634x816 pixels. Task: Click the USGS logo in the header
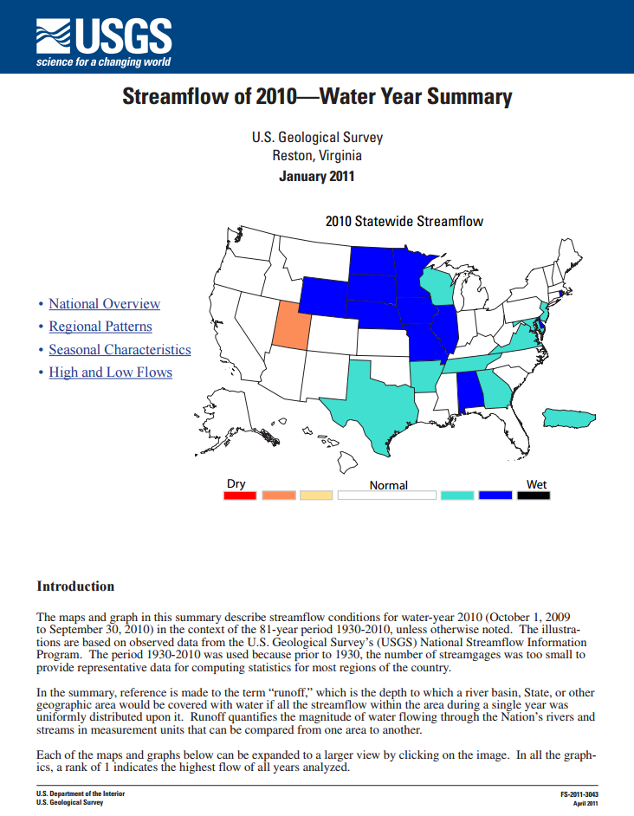[x=103, y=39]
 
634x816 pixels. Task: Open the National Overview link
[x=104, y=304]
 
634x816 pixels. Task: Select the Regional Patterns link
[x=100, y=327]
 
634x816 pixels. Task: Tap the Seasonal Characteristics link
[x=120, y=350]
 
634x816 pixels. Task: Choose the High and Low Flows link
[x=110, y=372]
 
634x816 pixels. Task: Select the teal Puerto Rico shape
[x=568, y=418]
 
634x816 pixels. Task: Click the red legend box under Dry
[x=240, y=495]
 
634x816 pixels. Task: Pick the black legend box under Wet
[x=534, y=495]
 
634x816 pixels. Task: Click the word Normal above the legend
[x=388, y=485]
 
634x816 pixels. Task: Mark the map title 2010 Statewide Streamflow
[x=404, y=221]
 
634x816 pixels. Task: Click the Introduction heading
[x=75, y=586]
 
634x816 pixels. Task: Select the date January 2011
[x=316, y=176]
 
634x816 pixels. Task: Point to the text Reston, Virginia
[x=316, y=156]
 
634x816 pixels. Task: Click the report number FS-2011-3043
[x=579, y=794]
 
